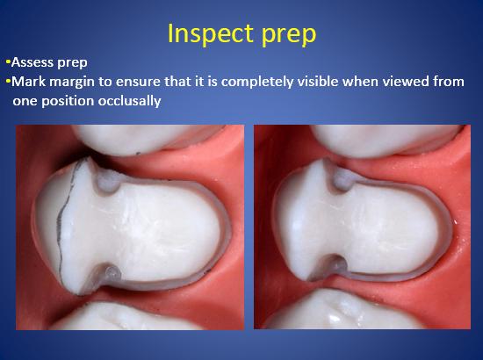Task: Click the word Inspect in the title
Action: point(211,33)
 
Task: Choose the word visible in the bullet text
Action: point(318,82)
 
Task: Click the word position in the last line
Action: point(68,102)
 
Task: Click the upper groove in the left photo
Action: point(107,183)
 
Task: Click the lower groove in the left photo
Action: point(111,273)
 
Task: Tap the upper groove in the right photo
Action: point(342,179)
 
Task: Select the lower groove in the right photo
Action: point(336,264)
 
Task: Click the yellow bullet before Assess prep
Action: point(8,62)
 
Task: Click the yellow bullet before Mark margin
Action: point(8,82)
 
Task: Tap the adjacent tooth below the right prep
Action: point(342,309)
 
